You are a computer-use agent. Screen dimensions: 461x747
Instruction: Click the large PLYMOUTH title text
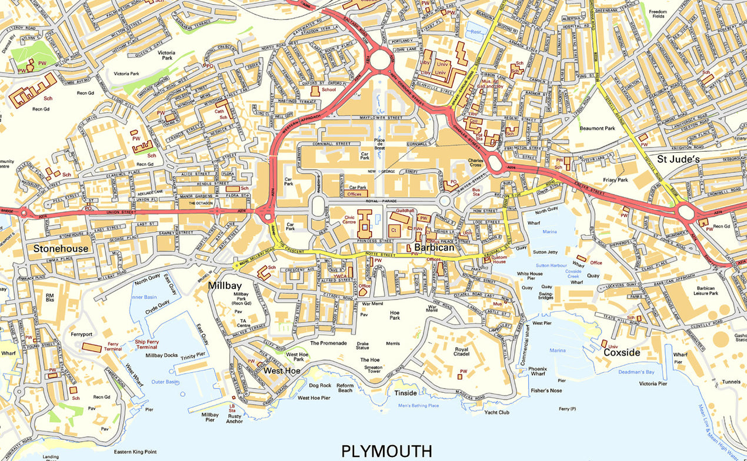pyautogui.click(x=386, y=451)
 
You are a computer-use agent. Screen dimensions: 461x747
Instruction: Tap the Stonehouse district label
pyautogui.click(x=61, y=249)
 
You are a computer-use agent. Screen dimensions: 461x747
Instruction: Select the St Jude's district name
pyautogui.click(x=678, y=159)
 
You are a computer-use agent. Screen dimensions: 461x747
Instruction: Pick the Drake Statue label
pyautogui.click(x=363, y=346)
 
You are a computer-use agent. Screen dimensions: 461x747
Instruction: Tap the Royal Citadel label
pyautogui.click(x=462, y=352)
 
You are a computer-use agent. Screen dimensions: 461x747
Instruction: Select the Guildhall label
pyautogui.click(x=405, y=210)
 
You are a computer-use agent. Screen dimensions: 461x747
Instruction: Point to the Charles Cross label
pyautogui.click(x=475, y=163)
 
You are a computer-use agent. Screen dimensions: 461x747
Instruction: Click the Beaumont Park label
pyautogui.click(x=597, y=128)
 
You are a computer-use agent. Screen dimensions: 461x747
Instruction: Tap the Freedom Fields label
pyautogui.click(x=658, y=15)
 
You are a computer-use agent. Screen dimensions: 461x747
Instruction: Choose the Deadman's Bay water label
pyautogui.click(x=639, y=372)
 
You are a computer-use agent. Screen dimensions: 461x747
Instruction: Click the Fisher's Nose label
pyautogui.click(x=546, y=390)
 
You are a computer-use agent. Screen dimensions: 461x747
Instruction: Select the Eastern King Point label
pyautogui.click(x=131, y=452)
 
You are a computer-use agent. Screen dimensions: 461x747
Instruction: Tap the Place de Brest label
pyautogui.click(x=379, y=143)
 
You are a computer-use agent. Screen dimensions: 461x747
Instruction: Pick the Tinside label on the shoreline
pyautogui.click(x=405, y=393)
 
